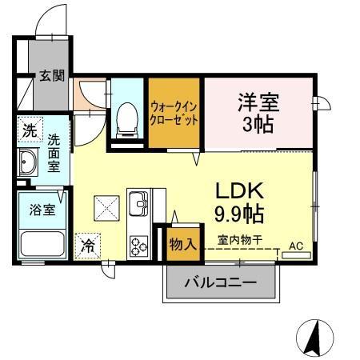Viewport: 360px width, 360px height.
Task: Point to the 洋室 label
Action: (258, 102)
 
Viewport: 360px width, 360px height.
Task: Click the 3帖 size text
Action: (258, 126)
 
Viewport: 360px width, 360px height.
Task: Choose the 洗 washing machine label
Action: (29, 131)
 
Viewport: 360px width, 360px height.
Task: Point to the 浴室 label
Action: (42, 210)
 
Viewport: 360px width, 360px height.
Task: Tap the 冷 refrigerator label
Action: (87, 245)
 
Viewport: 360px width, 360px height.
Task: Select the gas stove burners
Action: (138, 244)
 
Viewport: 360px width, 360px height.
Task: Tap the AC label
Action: (296, 246)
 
